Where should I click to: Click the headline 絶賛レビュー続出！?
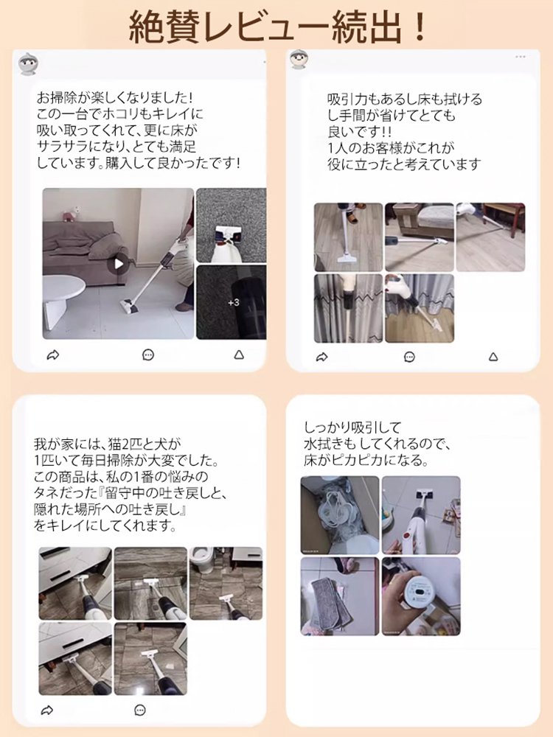(276, 27)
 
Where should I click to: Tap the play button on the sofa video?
(117, 263)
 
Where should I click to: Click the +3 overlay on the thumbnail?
(233, 303)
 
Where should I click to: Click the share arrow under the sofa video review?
(52, 355)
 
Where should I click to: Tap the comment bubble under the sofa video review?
(148, 355)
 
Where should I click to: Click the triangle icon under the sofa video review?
(238, 355)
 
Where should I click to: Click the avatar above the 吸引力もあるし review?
(299, 60)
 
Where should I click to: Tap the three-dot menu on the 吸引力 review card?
(521, 57)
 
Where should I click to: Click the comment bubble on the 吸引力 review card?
(409, 357)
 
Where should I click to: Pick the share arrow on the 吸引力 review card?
(321, 357)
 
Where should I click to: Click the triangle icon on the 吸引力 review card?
(493, 357)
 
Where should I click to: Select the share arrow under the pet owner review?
(47, 710)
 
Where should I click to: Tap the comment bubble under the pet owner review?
(140, 710)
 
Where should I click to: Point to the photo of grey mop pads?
(339, 595)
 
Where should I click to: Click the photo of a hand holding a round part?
(421, 595)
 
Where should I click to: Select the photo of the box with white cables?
(339, 514)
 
